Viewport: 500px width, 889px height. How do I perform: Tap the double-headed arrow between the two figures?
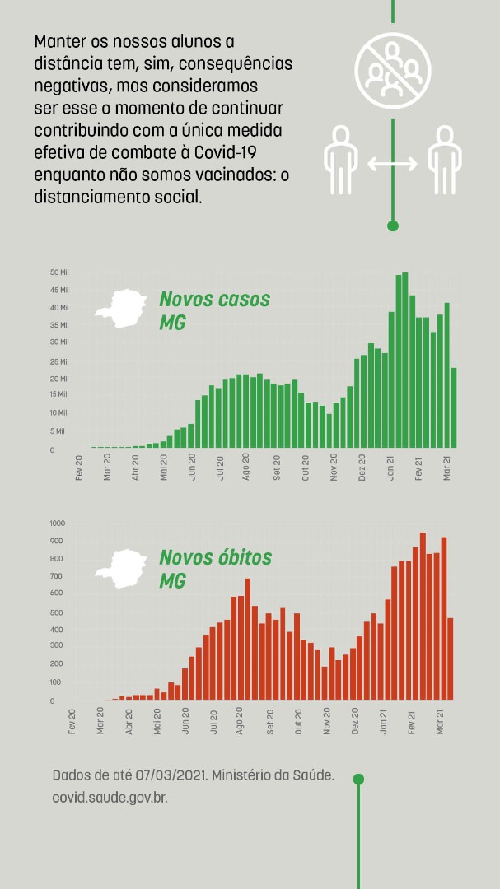click(392, 164)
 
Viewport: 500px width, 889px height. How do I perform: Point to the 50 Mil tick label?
click(59, 272)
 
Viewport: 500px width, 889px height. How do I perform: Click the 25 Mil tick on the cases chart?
click(59, 361)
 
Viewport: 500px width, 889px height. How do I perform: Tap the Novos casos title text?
click(214, 300)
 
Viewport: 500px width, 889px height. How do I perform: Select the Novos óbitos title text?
click(215, 558)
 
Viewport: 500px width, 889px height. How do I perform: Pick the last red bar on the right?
click(451, 659)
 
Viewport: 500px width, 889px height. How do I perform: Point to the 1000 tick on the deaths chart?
click(57, 524)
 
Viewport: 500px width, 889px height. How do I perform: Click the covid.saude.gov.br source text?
click(110, 798)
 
